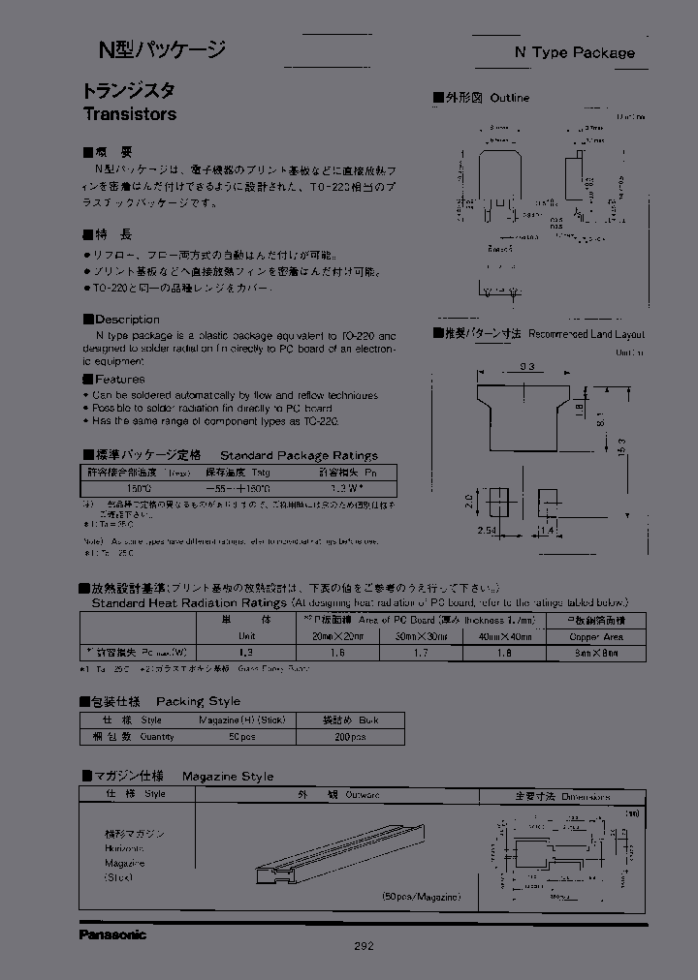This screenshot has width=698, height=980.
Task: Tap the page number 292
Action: [363, 946]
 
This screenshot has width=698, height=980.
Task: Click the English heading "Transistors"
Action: [129, 113]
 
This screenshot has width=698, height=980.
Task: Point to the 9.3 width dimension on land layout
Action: [526, 366]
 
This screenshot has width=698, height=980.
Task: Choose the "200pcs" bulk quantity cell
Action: [351, 737]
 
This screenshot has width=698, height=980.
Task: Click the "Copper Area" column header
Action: [595, 637]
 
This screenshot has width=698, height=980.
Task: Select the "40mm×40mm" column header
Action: [505, 637]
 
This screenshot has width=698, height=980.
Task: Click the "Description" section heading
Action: [127, 320]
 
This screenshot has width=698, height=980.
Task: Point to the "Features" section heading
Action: [119, 380]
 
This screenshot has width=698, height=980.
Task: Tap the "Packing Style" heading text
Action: [198, 701]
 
